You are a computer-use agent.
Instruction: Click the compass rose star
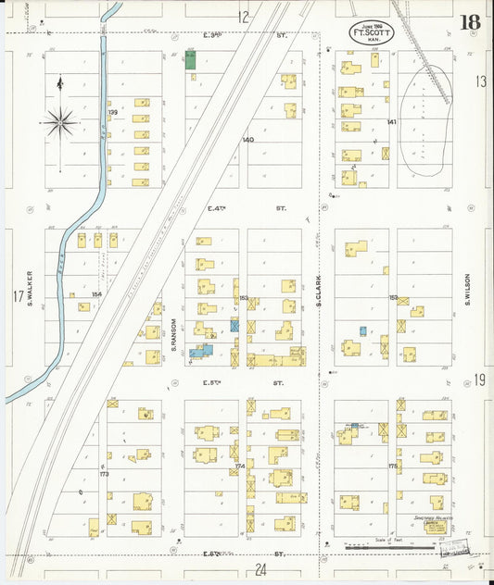click(60, 119)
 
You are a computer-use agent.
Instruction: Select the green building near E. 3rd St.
click(190, 61)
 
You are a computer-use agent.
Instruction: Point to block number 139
click(113, 112)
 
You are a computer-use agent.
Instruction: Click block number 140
click(247, 140)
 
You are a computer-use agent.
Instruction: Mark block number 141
click(391, 122)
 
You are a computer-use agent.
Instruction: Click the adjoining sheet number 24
click(260, 570)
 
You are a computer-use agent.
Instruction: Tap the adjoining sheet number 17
click(17, 296)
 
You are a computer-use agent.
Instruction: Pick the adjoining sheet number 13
click(480, 81)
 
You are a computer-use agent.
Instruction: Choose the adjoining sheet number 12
click(243, 16)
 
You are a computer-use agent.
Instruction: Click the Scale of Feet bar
click(389, 548)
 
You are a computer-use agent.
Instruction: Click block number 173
click(104, 473)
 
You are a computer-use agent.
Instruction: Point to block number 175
click(392, 467)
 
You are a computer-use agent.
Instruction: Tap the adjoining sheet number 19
click(480, 379)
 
